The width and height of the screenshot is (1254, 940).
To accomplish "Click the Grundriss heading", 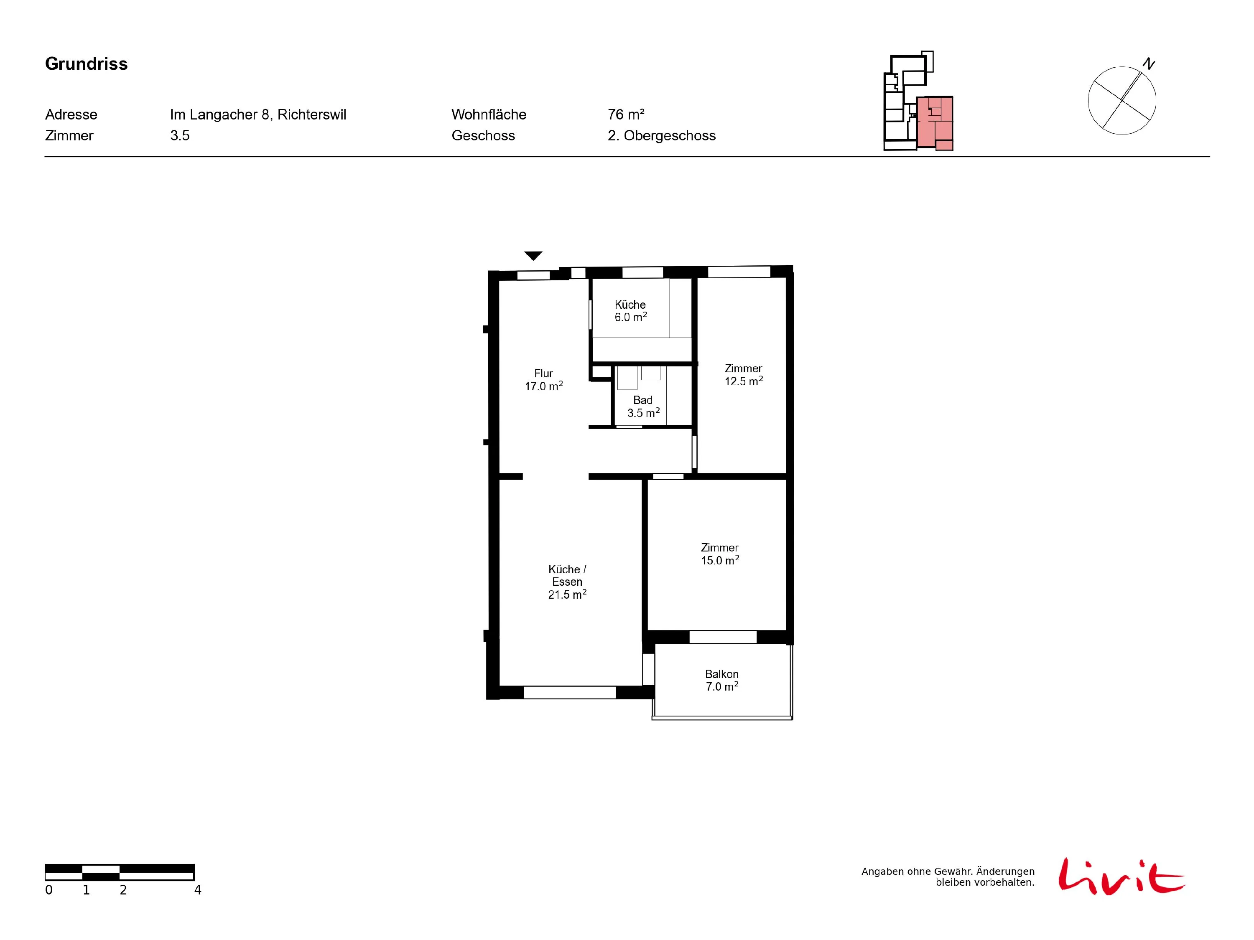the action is click(86, 64).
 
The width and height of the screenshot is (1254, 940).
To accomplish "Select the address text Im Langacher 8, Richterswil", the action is click(258, 114).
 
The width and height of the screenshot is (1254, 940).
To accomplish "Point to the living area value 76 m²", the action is click(626, 114).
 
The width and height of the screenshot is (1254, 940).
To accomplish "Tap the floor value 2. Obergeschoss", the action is click(662, 135).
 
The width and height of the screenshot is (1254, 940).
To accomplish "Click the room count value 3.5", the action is click(180, 135).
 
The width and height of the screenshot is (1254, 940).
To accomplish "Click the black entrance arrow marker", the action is click(533, 256).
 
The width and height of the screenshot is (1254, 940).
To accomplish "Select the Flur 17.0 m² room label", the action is click(544, 380).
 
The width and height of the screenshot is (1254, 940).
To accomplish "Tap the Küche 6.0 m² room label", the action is click(630, 310).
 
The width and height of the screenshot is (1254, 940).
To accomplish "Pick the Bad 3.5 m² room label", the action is click(643, 406).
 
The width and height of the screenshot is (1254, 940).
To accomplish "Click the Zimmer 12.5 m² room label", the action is click(743, 374).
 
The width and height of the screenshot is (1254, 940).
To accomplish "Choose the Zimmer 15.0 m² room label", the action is click(719, 554).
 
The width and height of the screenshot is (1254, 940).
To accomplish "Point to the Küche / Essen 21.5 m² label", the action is click(567, 582).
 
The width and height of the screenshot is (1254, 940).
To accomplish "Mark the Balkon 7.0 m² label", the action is click(721, 680).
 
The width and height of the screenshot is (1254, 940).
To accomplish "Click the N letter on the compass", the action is click(1149, 64).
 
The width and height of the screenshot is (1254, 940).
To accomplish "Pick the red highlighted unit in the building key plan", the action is click(935, 122).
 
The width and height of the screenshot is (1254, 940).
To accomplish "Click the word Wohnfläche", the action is click(489, 114).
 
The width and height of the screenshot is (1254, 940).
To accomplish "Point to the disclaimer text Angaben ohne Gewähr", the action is click(915, 871).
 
